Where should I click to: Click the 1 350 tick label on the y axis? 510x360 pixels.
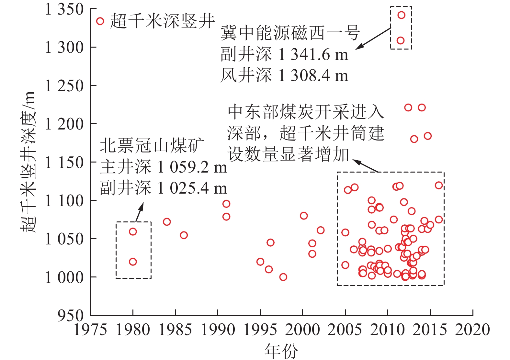(64, 9)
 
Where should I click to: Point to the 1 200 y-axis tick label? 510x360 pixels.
(64, 124)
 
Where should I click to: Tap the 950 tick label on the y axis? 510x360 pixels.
(71, 315)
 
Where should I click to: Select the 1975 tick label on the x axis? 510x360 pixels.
(90, 330)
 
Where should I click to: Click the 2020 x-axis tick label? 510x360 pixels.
(472, 330)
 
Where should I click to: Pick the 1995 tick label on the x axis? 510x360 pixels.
(260, 330)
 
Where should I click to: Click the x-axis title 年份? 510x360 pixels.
(281, 351)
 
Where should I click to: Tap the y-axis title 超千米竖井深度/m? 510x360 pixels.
(28, 162)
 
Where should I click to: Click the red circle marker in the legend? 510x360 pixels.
(100, 21)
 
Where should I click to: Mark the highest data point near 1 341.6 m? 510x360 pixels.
(401, 15)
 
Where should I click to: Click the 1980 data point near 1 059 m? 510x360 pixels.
(133, 231)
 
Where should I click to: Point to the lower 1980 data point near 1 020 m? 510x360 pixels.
(133, 262)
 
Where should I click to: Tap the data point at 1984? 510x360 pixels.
(167, 222)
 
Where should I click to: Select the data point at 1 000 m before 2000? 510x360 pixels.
(283, 277)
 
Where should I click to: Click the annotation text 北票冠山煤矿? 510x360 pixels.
(152, 146)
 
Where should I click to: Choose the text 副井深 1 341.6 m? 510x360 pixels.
(284, 54)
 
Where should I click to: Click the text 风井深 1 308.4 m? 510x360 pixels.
(284, 75)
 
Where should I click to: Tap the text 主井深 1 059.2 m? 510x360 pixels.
(164, 167)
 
